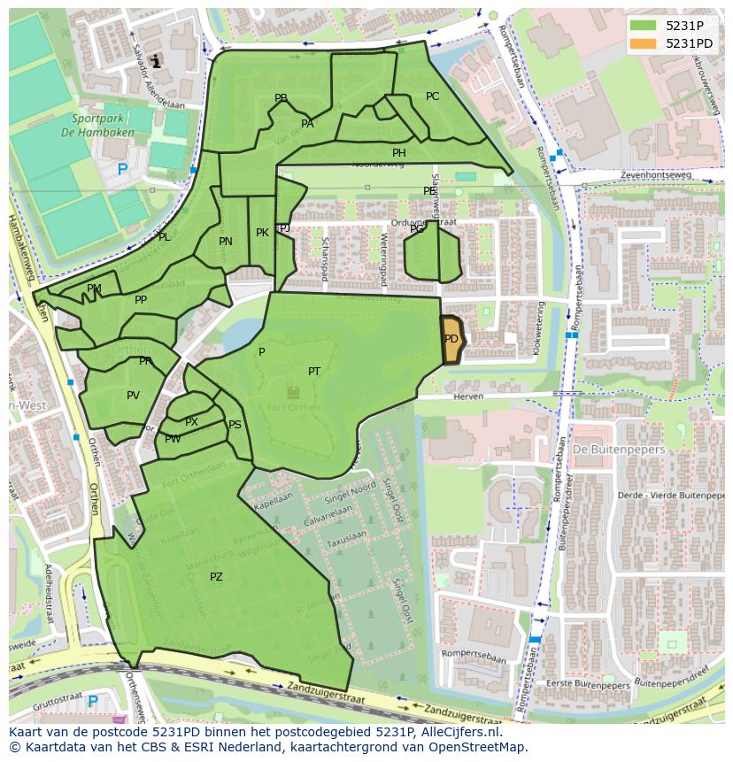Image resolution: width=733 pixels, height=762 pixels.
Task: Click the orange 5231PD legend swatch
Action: [644, 43]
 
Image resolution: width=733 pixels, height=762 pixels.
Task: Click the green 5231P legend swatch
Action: [644, 25]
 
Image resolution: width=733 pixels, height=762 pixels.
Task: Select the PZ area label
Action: [216, 577]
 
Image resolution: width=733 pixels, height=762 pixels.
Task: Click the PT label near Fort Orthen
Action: [314, 372]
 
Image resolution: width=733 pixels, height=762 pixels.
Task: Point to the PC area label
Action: [432, 96]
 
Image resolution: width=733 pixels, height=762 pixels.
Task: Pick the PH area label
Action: [399, 153]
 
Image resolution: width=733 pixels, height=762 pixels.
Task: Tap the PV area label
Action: [133, 396]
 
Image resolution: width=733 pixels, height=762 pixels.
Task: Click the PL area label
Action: [164, 237]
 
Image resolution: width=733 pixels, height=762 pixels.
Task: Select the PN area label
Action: [226, 242]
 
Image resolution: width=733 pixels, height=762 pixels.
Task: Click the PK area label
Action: [262, 233]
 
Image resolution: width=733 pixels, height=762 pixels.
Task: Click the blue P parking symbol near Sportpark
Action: [122, 169]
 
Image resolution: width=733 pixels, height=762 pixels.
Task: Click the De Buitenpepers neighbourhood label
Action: [606, 450]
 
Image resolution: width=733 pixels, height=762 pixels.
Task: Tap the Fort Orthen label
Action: [292, 407]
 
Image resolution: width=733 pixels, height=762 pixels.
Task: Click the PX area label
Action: [191, 422]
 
